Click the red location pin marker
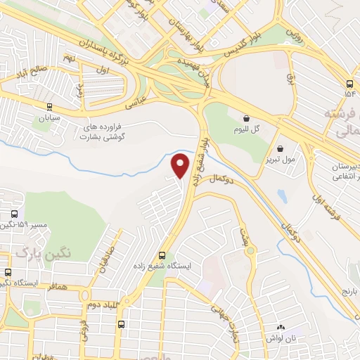tap(181, 164)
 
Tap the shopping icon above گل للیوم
tap(247, 118)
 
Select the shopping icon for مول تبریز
tap(281, 149)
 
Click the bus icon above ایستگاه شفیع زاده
tap(162, 255)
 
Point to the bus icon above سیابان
tap(49, 107)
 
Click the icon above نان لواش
tap(281, 327)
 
